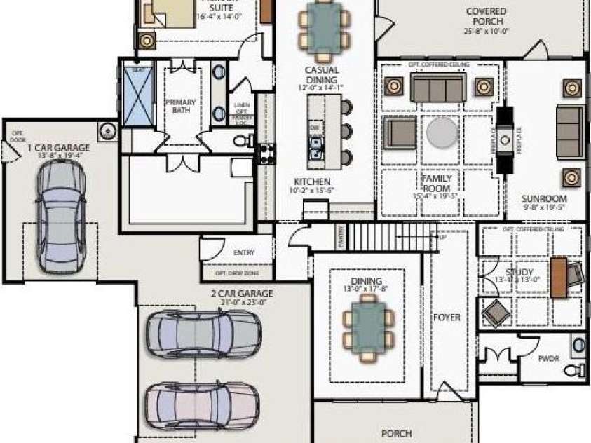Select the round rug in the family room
(442, 132)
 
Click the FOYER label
(447, 318)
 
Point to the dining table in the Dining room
(369, 326)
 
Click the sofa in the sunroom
(570, 131)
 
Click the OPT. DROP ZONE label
(237, 273)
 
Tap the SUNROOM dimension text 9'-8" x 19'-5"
(544, 207)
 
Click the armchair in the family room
(400, 132)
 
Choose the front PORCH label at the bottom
(396, 433)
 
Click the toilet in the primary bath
(242, 142)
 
